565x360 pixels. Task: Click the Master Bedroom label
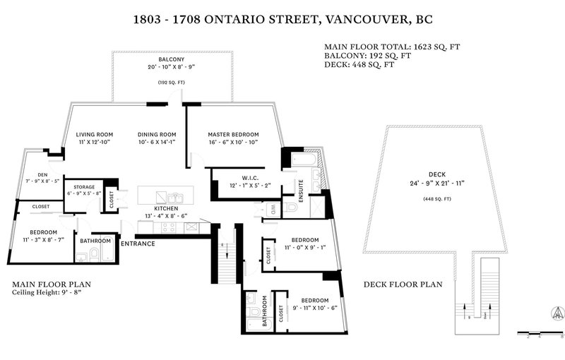[x=233, y=134]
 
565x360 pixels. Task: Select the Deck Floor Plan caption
[x=403, y=284]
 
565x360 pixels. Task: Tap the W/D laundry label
[x=272, y=208]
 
